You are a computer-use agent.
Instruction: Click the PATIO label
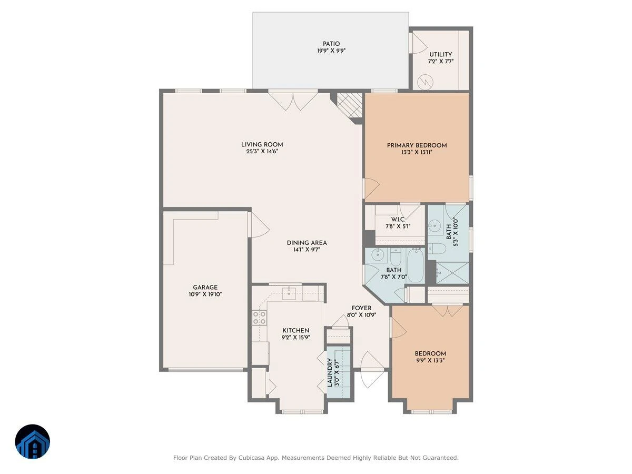(x=331, y=44)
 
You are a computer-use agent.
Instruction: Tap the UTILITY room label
(x=440, y=54)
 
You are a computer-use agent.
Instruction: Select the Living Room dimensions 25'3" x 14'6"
(x=262, y=151)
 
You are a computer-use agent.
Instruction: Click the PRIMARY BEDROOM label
(x=417, y=145)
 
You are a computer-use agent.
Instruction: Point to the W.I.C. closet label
(x=398, y=219)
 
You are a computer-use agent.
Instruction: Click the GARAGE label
(x=205, y=287)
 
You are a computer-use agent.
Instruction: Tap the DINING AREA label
(x=307, y=243)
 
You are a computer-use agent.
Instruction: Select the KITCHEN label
(x=295, y=330)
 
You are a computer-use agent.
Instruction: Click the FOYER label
(x=361, y=308)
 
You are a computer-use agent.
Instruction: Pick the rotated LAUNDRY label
(x=330, y=372)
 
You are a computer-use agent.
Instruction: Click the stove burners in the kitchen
(x=259, y=318)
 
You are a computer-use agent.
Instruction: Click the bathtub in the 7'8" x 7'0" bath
(x=415, y=265)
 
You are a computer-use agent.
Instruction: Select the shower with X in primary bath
(x=452, y=273)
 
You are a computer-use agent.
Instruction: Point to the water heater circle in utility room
(x=425, y=82)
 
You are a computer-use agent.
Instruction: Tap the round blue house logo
(x=33, y=441)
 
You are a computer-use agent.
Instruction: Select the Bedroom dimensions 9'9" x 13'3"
(x=430, y=360)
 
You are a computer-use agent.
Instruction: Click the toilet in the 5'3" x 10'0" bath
(x=437, y=248)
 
